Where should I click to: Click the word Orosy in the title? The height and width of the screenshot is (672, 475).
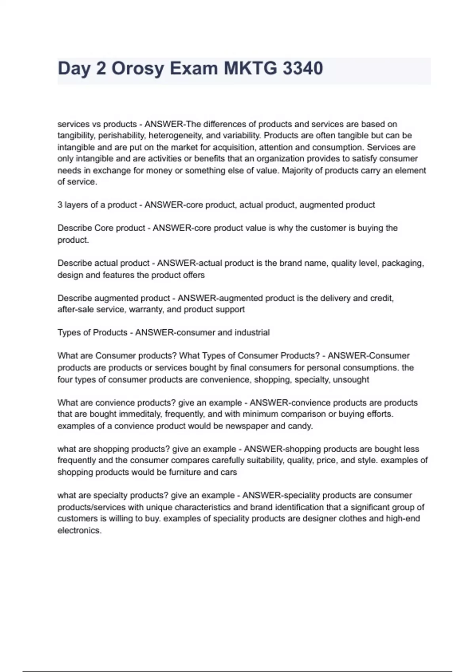tap(137, 69)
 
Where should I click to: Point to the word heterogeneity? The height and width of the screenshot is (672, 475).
tap(176, 136)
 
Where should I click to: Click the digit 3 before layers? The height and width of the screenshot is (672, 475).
tap(60, 205)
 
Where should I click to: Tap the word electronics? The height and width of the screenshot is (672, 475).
tap(79, 530)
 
